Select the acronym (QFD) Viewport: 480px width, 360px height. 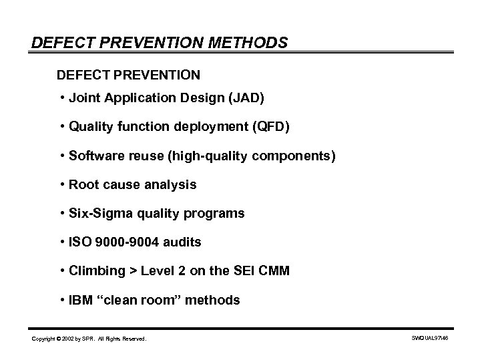pyautogui.click(x=270, y=127)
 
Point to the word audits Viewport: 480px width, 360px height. pyautogui.click(x=182, y=242)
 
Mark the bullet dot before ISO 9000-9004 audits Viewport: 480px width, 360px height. pyautogui.click(x=61, y=242)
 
